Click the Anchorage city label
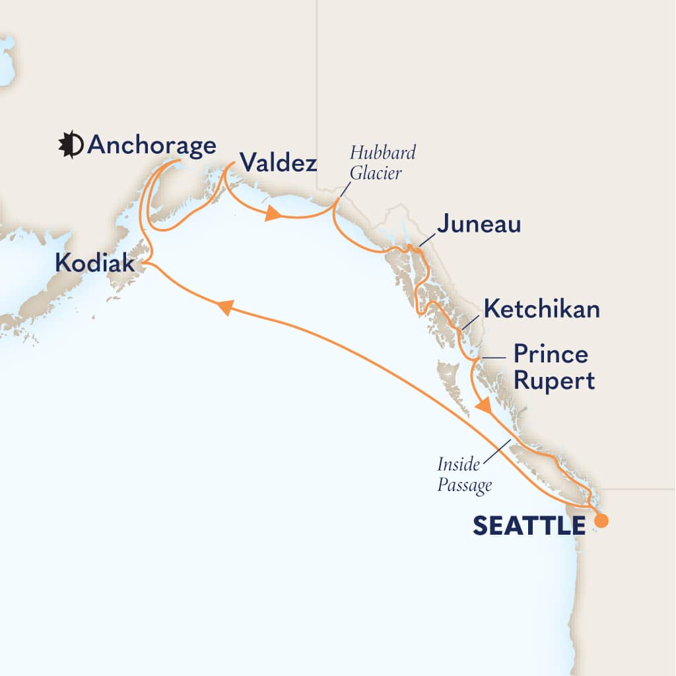pyautogui.click(x=151, y=146)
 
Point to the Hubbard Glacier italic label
pyautogui.click(x=383, y=162)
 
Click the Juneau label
pyautogui.click(x=479, y=224)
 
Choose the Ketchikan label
pyautogui.click(x=541, y=309)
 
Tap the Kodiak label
pyautogui.click(x=96, y=263)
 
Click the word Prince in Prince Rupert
pyautogui.click(x=551, y=355)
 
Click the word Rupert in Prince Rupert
pyautogui.click(x=554, y=381)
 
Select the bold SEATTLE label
pyautogui.click(x=529, y=526)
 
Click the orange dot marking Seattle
pyautogui.click(x=601, y=522)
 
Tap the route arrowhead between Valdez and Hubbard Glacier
pyautogui.click(x=271, y=215)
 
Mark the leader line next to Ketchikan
pyautogui.click(x=469, y=321)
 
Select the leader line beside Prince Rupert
pyautogui.click(x=492, y=357)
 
